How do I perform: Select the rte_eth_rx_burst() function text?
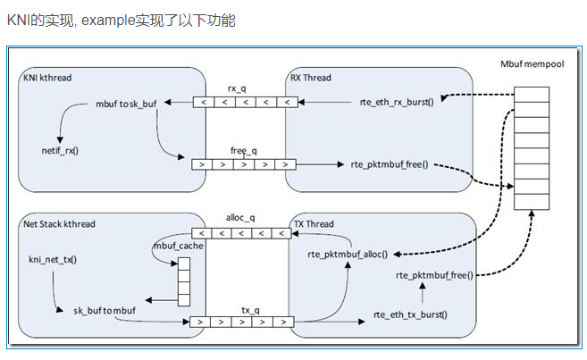pyautogui.click(x=396, y=103)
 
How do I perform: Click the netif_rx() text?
pyautogui.click(x=60, y=150)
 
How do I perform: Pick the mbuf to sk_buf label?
pyautogui.click(x=126, y=104)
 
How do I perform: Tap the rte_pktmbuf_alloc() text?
pyautogui.click(x=348, y=255)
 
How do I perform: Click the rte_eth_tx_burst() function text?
pyautogui.click(x=410, y=314)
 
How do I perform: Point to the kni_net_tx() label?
pyautogui.click(x=53, y=259)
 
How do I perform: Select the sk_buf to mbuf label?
pyautogui.click(x=106, y=310)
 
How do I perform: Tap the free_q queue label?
pyautogui.click(x=242, y=151)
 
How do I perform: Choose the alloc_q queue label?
pyautogui.click(x=242, y=217)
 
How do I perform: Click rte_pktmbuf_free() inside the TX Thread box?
pyautogui.click(x=435, y=275)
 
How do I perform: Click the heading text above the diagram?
pyautogui.click(x=122, y=20)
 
